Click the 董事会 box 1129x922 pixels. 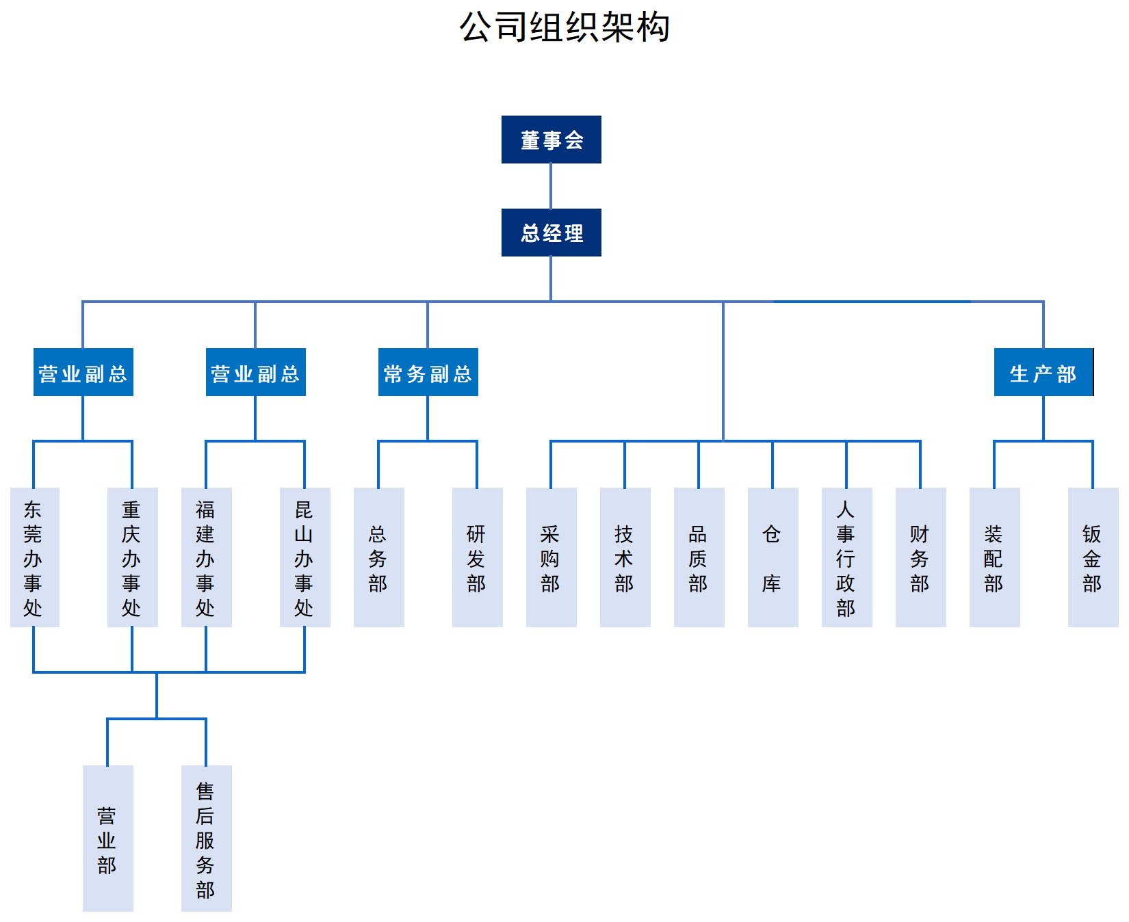(551, 140)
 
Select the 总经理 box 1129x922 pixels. (551, 233)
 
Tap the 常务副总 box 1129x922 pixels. (428, 372)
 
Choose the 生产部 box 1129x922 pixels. (1043, 372)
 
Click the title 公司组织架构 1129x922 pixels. (564, 27)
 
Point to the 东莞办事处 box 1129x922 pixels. (34, 557)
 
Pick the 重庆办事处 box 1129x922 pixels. (132, 557)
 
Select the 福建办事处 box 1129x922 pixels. (206, 557)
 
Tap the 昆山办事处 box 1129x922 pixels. (304, 557)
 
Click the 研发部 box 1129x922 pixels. (477, 557)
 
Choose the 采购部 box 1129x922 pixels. (551, 557)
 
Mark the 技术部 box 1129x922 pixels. (625, 557)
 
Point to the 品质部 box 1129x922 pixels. (699, 557)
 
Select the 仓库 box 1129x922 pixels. (773, 557)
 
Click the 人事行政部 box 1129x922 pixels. (846, 557)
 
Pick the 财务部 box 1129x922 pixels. (920, 557)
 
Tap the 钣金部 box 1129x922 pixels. (1093, 557)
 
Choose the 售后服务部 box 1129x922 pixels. (206, 838)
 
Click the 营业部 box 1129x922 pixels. (107, 838)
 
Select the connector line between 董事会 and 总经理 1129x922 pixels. (551, 186)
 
